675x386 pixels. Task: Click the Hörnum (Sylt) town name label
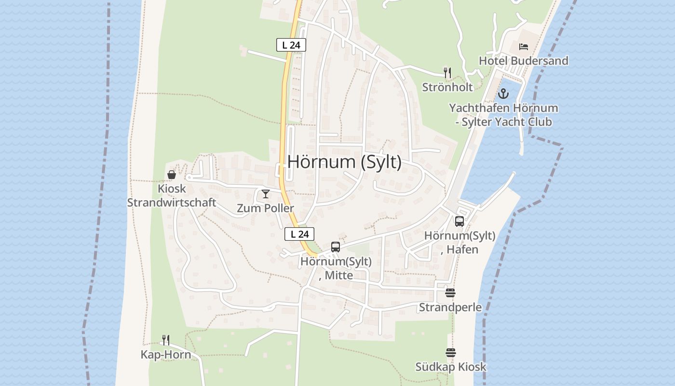tap(344, 162)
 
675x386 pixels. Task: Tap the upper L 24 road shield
tap(291, 45)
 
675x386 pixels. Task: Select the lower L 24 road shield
tap(299, 234)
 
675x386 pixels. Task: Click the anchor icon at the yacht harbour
tap(503, 94)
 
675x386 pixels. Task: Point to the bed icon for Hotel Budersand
tap(524, 47)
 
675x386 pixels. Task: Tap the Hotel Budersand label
tap(523, 61)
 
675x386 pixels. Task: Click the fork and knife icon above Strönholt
tap(447, 73)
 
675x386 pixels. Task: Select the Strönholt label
tap(447, 87)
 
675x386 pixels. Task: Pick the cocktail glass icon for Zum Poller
tap(265, 194)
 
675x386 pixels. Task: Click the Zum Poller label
tap(265, 208)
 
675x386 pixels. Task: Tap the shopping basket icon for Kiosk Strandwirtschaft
tap(171, 175)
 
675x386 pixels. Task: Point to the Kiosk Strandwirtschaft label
tap(171, 195)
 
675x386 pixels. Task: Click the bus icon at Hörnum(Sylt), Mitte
tap(336, 247)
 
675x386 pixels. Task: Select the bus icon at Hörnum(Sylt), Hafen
tap(459, 221)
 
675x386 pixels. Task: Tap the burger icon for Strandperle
tap(450, 293)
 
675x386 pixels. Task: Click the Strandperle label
tap(450, 307)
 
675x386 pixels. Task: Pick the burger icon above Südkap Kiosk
tap(450, 353)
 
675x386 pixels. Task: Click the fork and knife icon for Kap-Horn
tap(166, 340)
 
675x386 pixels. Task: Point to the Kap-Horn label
tap(165, 355)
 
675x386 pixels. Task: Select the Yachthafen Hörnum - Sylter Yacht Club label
tap(503, 115)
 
